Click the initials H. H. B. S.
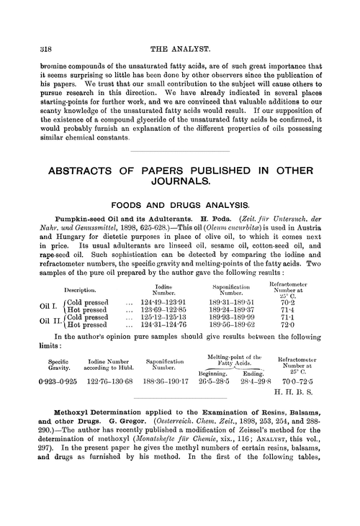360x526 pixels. pos(305,403)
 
